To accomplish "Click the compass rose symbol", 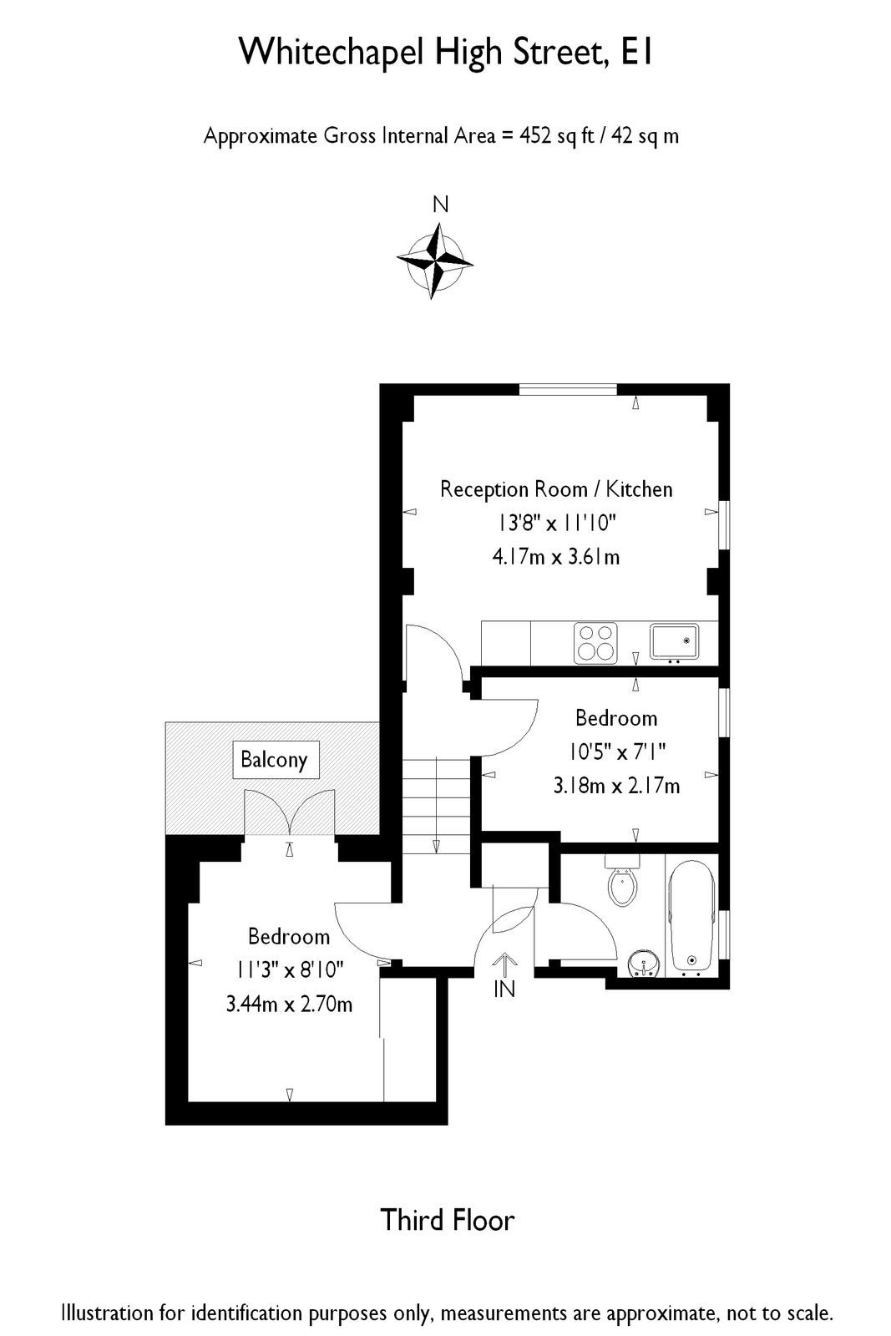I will (435, 261).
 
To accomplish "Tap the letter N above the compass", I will (440, 205).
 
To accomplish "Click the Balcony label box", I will (274, 760).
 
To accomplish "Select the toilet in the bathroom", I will (622, 883).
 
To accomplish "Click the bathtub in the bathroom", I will (691, 914).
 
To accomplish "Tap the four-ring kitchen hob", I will (595, 643).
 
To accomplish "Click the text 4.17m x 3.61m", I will (556, 557).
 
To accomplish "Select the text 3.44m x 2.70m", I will (289, 1004).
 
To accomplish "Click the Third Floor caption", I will (448, 1221).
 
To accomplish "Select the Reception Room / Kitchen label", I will (556, 489).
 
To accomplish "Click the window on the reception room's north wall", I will (568, 388).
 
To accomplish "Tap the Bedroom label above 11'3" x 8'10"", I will (289, 937).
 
